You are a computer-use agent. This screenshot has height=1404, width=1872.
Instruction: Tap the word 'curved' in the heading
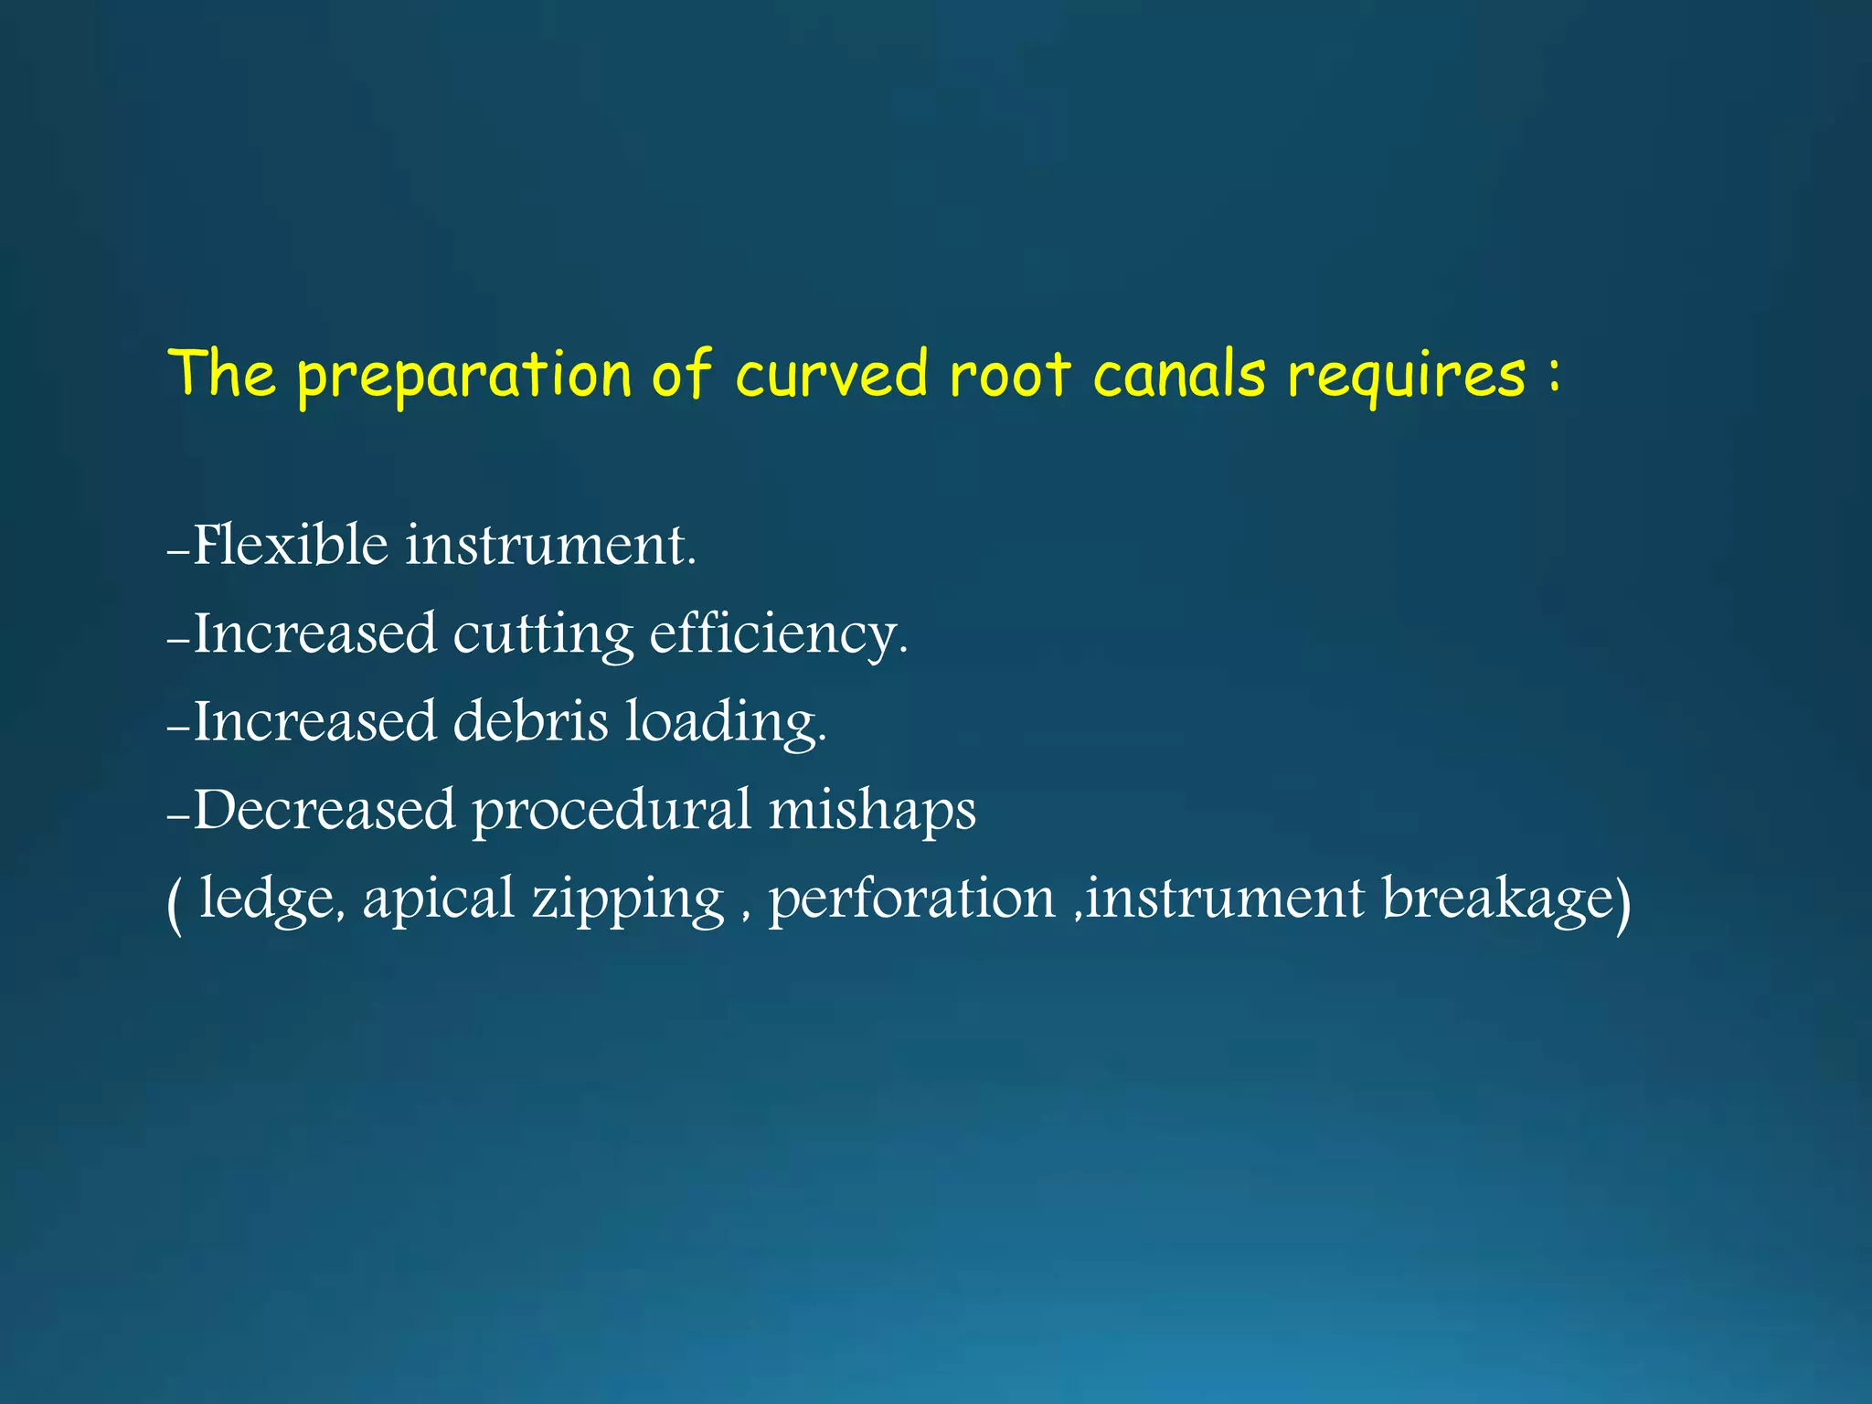pos(832,375)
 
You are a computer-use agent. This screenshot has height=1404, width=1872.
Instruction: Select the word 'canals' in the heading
pos(1179,375)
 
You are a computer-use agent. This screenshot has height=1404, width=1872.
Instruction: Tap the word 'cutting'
pos(543,634)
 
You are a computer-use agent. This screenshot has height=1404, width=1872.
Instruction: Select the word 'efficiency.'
pos(779,634)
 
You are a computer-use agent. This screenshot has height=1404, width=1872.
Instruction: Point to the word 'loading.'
pos(726,722)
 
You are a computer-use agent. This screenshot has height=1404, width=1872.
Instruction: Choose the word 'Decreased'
pos(324,809)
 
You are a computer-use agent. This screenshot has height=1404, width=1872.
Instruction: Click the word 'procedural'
pos(611,811)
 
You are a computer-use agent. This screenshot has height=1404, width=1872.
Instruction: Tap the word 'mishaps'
pos(872,811)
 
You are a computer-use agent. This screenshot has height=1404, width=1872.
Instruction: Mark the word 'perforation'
pos(911,899)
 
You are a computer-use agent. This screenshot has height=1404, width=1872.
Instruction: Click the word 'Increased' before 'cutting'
pos(314,633)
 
